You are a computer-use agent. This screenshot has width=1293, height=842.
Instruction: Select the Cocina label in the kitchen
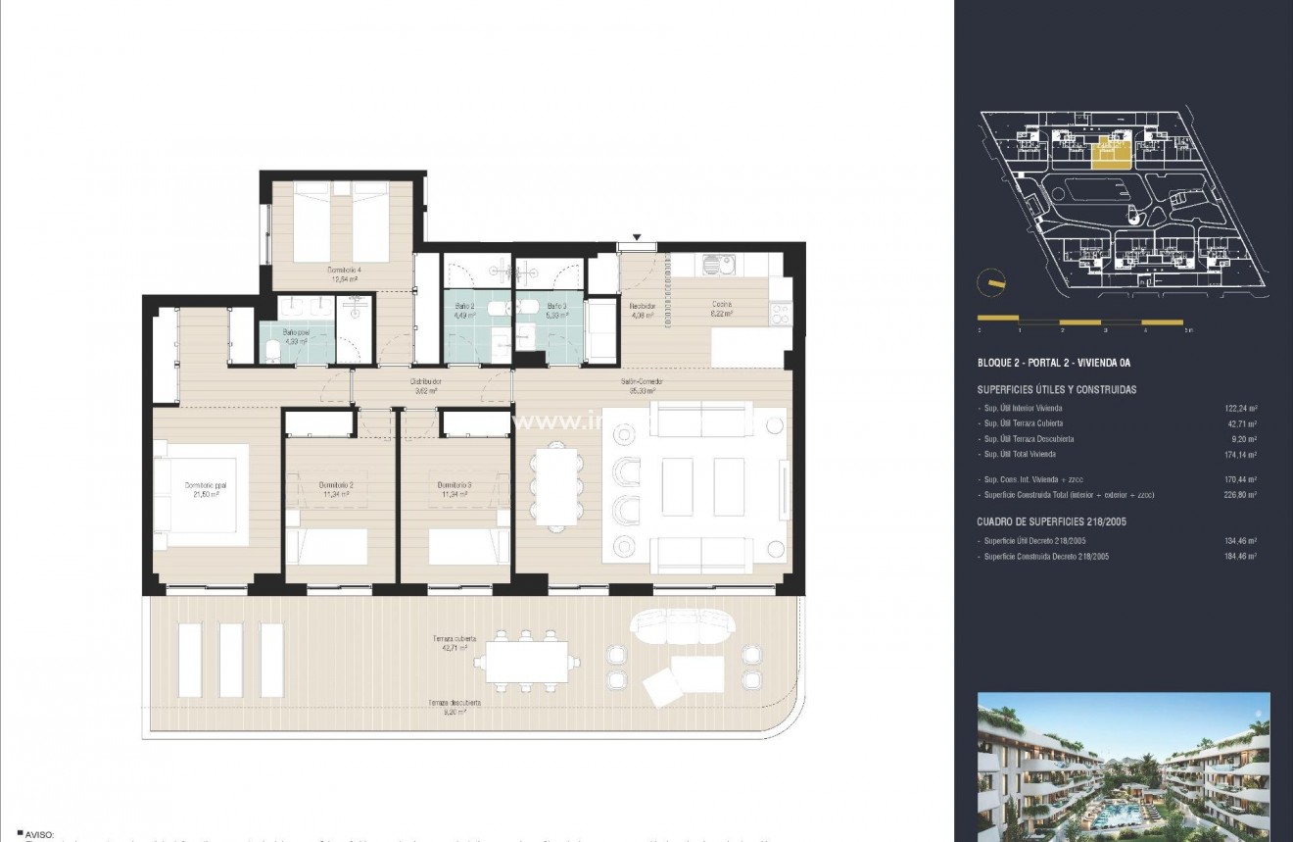pos(722,304)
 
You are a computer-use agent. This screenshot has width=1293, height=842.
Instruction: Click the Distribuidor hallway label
pos(425,380)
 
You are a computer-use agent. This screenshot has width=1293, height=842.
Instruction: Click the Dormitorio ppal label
pos(206,485)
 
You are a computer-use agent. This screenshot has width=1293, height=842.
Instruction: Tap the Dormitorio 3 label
pos(455,485)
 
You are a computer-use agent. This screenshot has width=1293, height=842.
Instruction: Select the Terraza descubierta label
pos(453,703)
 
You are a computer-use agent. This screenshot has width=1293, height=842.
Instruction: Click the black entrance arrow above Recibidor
pos(638,237)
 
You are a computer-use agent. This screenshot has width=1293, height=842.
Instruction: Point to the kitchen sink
pos(718,265)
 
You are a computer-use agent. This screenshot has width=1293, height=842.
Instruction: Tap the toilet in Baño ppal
pos(272,353)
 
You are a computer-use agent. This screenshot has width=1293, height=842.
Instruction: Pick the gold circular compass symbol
pos(991,281)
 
